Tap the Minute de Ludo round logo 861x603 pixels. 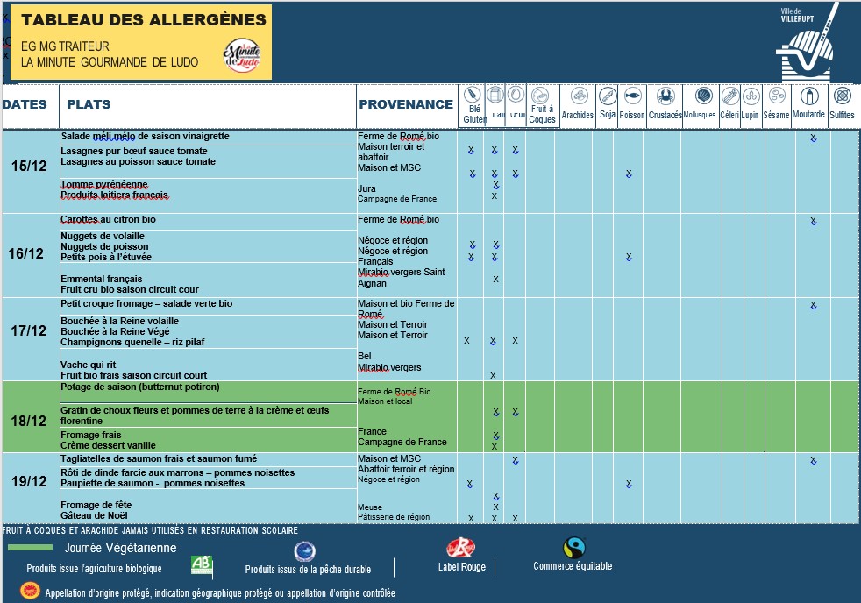242,57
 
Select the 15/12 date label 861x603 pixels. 30,167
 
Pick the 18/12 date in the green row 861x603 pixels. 30,421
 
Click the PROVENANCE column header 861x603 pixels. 406,104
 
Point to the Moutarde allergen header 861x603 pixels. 808,103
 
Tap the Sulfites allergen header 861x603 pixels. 842,103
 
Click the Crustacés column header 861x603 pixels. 665,103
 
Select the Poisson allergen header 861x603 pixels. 631,103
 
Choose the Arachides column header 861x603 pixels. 578,103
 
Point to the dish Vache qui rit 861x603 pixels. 88,365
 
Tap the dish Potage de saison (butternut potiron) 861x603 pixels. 140,387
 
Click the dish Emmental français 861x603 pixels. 101,279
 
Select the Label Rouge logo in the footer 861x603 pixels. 460,550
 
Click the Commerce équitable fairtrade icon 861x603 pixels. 573,548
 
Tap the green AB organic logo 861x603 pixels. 202,565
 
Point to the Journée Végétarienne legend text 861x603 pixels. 120,548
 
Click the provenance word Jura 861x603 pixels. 366,188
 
